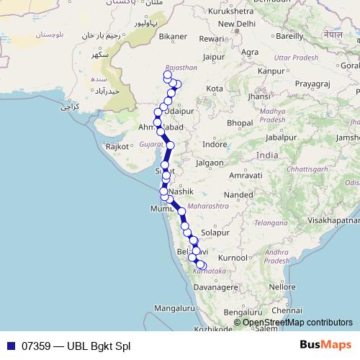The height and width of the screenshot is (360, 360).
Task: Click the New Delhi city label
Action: (238, 24)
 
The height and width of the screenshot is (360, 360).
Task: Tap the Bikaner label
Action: (173, 35)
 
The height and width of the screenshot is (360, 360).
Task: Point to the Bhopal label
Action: (239, 123)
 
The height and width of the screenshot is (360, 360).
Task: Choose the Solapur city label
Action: (215, 233)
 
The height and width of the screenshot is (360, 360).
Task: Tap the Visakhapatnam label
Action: (332, 221)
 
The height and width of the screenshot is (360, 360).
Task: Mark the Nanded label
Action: (239, 194)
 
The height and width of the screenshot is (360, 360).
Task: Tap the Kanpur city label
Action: (271, 71)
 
